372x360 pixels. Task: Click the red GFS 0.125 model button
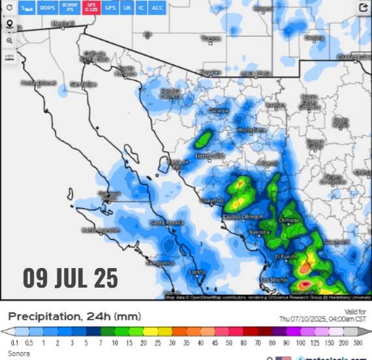coord(92,8)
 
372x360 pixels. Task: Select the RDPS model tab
coord(47,8)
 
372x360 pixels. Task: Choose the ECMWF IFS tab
coord(69,8)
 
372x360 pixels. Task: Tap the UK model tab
coord(127,8)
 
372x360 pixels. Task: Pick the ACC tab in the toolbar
coord(157,8)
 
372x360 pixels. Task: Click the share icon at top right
coord(364,8)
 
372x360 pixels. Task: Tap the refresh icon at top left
coord(9,8)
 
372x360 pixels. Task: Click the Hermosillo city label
coord(209,156)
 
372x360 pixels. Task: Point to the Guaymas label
coord(212,200)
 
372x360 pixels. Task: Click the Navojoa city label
coord(260,232)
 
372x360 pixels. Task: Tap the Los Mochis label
coord(274,280)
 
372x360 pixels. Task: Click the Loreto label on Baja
coord(196,271)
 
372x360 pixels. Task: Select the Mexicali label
coord(63,23)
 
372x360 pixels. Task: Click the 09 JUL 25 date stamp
coord(70,277)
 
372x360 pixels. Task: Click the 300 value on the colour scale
coord(358,342)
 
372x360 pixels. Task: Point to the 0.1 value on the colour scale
coord(14,342)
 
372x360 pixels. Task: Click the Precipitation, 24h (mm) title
coord(74,316)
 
